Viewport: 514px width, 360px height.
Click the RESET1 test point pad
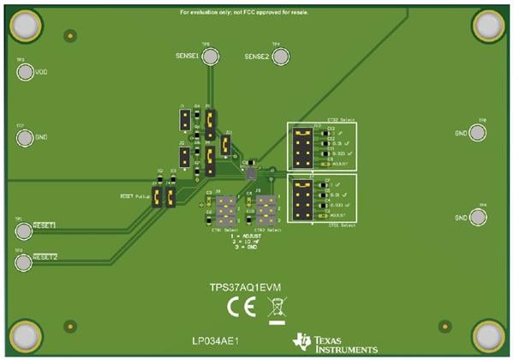pyautogui.click(x=24, y=225)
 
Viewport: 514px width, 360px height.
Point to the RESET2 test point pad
pyautogui.click(x=24, y=257)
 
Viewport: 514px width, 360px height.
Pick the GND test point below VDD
pyautogui.click(x=25, y=136)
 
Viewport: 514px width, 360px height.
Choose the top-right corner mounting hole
pyautogui.click(x=488, y=26)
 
